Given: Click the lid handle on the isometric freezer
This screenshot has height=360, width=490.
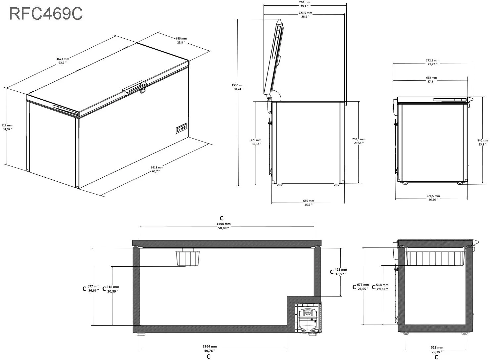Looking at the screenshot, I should click(134, 87).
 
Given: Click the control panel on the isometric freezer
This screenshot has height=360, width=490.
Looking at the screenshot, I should click(181, 128).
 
